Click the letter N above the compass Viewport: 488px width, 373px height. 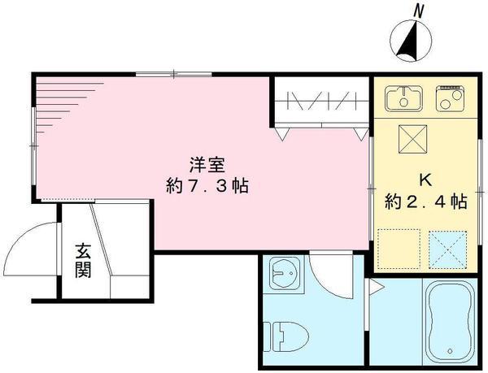coord(418,11)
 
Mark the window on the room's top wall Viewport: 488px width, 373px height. coord(174,76)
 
